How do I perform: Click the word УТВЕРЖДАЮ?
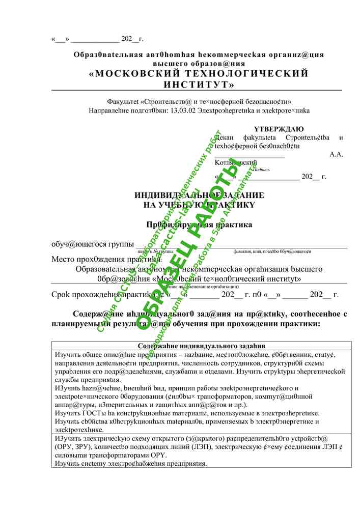pos(279,129)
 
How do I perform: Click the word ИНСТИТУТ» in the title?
pos(199,84)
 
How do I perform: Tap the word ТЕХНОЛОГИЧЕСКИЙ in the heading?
pos(250,73)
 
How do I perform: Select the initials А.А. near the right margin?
pos(336,154)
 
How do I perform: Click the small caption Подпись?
pos(261,169)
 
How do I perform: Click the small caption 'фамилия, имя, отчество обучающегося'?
pos(272,251)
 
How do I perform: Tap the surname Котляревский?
pos(236,162)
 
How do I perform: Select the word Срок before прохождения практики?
pos(62,295)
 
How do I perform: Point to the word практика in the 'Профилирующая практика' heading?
pos(233,224)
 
